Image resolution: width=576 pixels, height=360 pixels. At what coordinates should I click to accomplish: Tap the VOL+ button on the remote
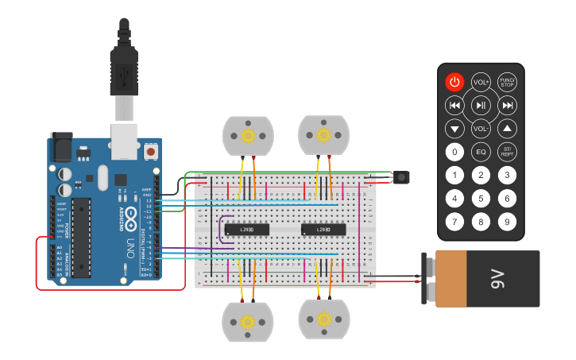pos(481,82)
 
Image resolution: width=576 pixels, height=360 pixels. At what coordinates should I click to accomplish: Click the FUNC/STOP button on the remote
pos(507,82)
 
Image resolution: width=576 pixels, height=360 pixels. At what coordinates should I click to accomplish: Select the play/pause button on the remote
pos(481,105)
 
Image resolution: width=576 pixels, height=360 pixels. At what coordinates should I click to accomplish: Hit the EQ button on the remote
pos(481,151)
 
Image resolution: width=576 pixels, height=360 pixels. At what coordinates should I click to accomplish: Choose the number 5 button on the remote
pos(481,198)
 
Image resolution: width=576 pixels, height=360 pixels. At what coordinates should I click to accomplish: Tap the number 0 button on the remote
pos(454,151)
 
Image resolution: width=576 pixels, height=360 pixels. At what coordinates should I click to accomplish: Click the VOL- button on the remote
pos(481,128)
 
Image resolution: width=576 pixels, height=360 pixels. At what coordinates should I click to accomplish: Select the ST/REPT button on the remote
pos(507,151)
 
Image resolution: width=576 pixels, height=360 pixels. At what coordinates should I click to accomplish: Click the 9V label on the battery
pos(497,279)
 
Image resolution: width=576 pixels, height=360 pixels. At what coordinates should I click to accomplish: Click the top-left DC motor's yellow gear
pos(247,136)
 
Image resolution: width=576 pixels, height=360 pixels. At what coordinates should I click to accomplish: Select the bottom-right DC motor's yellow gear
pos(323,319)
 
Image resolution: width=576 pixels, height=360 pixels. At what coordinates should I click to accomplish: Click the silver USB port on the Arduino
pos(124,137)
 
